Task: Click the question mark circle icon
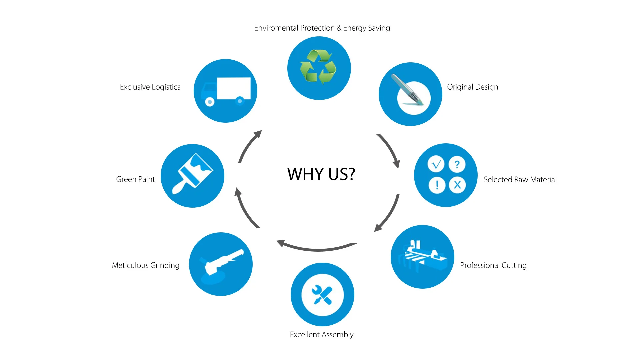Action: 457,164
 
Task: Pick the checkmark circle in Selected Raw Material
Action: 436,164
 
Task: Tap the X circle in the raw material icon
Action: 457,185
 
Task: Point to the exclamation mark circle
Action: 437,185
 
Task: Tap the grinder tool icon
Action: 221,263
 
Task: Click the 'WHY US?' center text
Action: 321,174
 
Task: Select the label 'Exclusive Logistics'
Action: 150,87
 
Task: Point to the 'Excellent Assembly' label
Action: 321,335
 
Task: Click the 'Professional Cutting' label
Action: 493,265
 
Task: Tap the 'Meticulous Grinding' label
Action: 146,265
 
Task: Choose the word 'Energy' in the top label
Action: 355,28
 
